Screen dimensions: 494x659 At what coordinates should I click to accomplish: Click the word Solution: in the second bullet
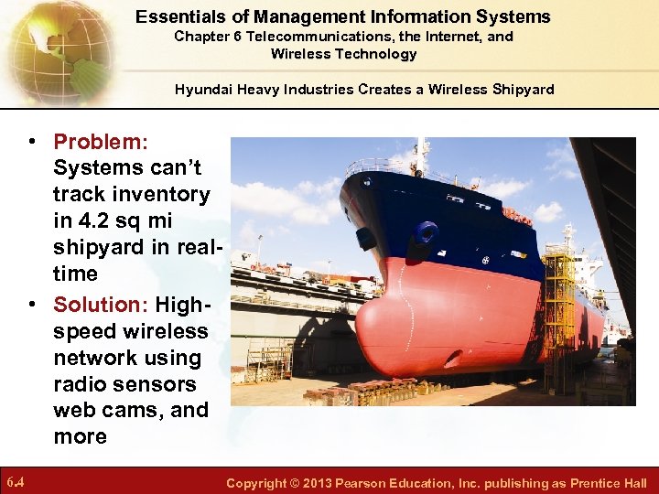pos(101,304)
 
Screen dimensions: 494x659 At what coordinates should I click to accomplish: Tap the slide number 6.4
pos(16,482)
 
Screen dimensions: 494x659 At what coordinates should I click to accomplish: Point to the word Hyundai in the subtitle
pos(208,89)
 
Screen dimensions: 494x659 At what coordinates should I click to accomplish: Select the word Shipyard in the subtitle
pos(523,89)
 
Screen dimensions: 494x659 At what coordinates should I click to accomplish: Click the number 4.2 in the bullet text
pos(95,220)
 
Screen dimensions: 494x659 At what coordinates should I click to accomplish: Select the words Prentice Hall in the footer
pos(608,483)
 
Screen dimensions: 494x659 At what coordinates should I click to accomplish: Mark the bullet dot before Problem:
pos(31,142)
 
